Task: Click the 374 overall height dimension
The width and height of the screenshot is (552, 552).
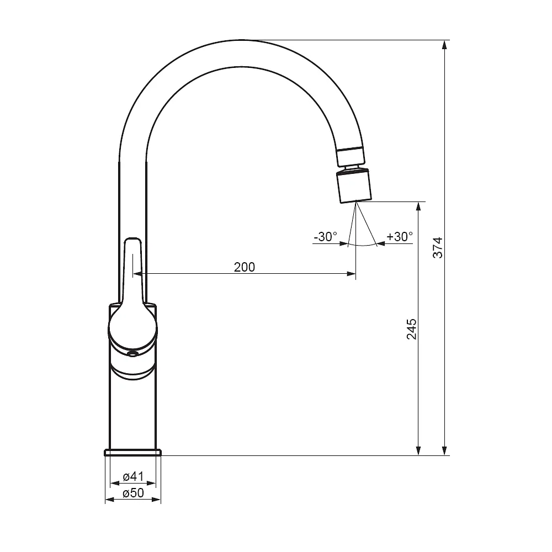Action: [x=438, y=248]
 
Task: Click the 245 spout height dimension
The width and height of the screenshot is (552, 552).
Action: [x=412, y=329]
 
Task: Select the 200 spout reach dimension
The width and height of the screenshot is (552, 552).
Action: [x=245, y=267]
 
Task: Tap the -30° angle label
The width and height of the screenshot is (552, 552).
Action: [x=325, y=237]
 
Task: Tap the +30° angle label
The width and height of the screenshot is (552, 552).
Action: [x=400, y=237]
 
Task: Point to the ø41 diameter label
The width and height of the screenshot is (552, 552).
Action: [x=134, y=477]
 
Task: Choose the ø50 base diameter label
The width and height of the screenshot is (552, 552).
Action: [x=134, y=493]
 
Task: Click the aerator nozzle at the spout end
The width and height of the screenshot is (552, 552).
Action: [x=354, y=185]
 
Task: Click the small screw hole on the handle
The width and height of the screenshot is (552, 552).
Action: [x=132, y=354]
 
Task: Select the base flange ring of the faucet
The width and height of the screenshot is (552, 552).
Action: [x=133, y=453]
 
